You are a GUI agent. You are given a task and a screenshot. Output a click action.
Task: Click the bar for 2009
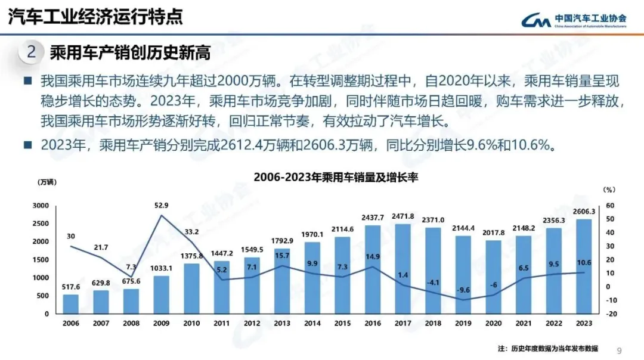click(x=162, y=294)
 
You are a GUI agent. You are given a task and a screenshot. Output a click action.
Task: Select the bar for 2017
click(x=403, y=268)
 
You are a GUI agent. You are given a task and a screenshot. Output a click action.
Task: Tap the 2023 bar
click(x=584, y=266)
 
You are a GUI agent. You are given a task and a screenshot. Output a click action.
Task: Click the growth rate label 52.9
click(x=162, y=206)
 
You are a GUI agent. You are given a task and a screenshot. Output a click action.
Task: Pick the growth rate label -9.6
click(x=463, y=290)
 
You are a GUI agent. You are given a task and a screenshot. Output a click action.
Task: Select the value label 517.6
click(x=71, y=287)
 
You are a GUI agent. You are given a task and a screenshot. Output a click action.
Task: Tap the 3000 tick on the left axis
click(x=41, y=206)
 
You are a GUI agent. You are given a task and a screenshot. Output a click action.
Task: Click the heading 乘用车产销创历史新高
click(x=130, y=52)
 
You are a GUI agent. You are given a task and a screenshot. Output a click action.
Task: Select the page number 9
click(x=619, y=350)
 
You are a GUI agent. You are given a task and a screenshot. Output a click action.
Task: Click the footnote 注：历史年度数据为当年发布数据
click(x=547, y=348)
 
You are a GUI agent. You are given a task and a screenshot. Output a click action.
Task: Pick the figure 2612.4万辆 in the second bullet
click(x=252, y=145)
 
